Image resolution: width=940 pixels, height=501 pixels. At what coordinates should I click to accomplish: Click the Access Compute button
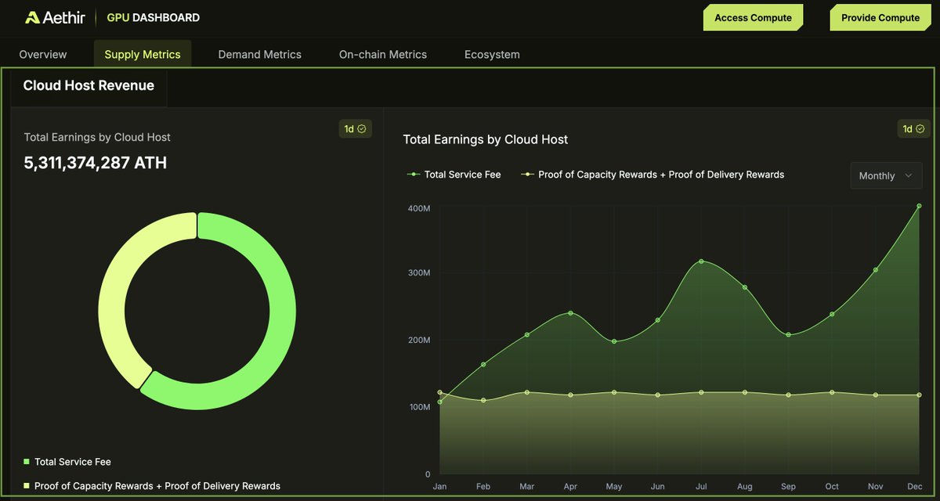[753, 17]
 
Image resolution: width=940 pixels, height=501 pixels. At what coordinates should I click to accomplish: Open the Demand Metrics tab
[259, 54]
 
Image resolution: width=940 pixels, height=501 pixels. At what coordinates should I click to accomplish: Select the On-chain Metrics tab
[382, 54]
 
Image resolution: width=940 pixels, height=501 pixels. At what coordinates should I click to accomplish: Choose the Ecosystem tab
[492, 54]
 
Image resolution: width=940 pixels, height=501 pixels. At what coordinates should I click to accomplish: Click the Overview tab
[43, 54]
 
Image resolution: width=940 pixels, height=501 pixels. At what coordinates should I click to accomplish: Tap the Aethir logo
[55, 17]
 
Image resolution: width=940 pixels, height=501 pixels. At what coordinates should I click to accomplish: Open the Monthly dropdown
[886, 175]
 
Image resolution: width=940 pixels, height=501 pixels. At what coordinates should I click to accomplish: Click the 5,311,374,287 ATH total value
[95, 163]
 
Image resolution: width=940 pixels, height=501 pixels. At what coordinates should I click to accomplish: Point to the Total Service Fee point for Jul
[701, 261]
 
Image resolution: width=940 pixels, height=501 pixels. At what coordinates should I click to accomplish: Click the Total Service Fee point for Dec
[919, 207]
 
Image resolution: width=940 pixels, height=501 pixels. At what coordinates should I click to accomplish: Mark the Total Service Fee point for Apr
[570, 313]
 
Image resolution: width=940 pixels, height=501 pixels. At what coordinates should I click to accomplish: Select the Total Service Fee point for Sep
[788, 335]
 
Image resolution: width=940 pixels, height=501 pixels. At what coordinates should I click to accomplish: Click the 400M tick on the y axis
[418, 208]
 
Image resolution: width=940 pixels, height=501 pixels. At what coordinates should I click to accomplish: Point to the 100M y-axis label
[418, 407]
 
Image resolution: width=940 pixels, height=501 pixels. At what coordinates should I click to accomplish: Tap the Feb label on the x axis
[483, 486]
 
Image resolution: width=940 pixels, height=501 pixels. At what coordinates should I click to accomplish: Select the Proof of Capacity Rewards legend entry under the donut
[153, 485]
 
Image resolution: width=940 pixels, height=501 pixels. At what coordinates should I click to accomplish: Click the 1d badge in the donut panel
[355, 128]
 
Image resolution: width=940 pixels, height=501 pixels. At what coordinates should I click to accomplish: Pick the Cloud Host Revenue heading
[89, 85]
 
